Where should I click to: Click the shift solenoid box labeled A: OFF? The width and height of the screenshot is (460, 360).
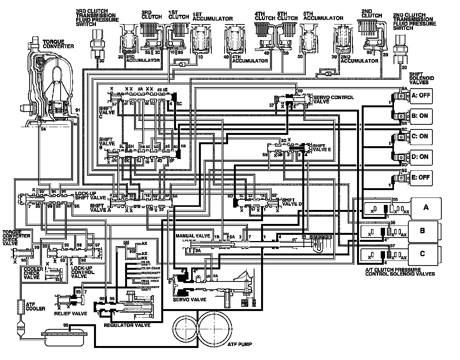tap(420, 96)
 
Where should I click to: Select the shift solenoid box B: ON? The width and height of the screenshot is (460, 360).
tap(420, 116)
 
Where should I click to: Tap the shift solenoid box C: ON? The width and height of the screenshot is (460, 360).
tap(420, 136)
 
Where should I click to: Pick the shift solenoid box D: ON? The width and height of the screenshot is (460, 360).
tap(420, 157)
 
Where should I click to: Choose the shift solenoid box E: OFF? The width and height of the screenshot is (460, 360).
tap(420, 177)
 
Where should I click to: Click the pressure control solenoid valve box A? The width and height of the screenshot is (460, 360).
tap(426, 208)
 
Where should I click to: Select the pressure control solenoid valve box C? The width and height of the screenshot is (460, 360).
tap(422, 254)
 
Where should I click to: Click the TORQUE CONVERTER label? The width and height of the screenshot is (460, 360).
tap(58, 44)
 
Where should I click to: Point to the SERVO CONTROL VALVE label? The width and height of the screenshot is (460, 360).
tap(333, 99)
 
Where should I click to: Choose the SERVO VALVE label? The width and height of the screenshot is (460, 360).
tap(191, 300)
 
